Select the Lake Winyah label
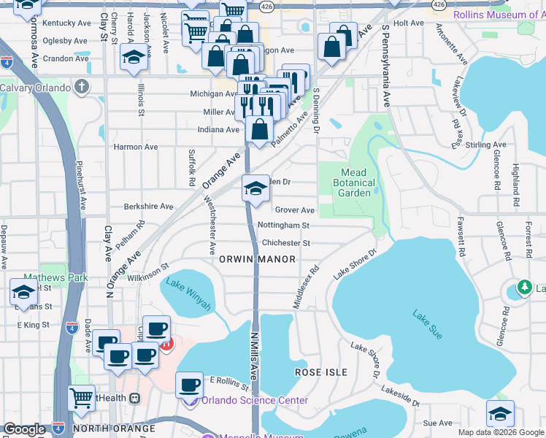tap(188, 293)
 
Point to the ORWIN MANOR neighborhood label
tap(257, 259)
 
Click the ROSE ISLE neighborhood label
tap(321, 372)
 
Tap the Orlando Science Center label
tap(255, 400)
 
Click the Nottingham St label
tap(285, 226)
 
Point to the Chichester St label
tap(286, 243)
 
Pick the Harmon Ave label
tap(135, 147)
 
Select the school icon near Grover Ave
tap(255, 189)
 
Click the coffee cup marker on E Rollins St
tap(191, 384)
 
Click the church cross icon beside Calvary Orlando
tap(81, 88)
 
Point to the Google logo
tap(25, 430)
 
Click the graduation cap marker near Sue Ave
tap(500, 413)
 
